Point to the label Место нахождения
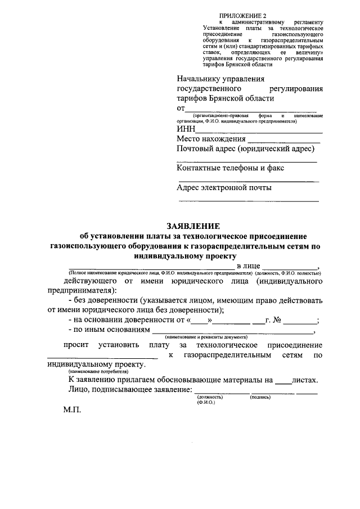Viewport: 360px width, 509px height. pyautogui.click(x=211, y=139)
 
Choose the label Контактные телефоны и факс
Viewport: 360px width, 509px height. pyautogui.click(x=230, y=167)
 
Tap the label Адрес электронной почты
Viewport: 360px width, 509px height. pyautogui.click(x=224, y=187)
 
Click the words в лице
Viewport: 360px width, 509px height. pyautogui.click(x=248, y=265)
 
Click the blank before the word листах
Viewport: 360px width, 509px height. pyautogui.click(x=285, y=381)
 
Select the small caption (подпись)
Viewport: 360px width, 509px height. pyautogui.click(x=259, y=397)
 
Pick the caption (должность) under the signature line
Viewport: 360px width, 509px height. pyautogui.click(x=209, y=397)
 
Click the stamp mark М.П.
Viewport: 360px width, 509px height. pyautogui.click(x=72, y=409)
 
